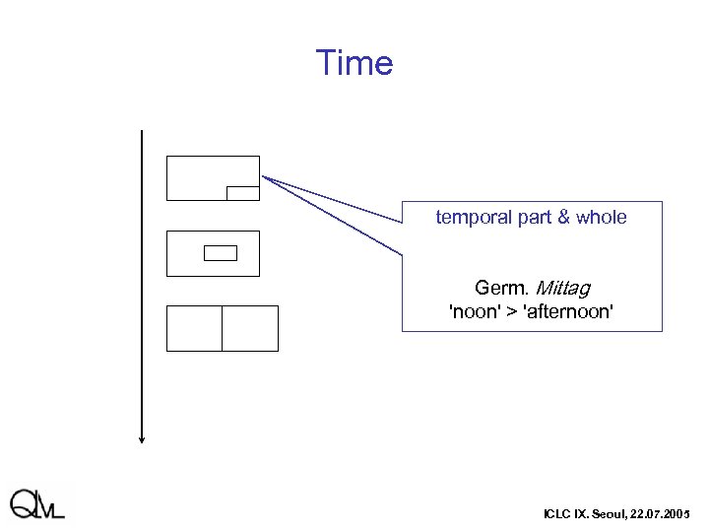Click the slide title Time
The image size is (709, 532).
[354, 63]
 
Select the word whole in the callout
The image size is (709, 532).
[600, 217]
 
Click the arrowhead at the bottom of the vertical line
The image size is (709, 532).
[142, 439]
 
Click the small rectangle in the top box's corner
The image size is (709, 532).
[242, 193]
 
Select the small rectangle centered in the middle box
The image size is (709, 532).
[221, 253]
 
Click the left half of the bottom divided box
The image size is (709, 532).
[194, 328]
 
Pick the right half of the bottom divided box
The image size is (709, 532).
[250, 328]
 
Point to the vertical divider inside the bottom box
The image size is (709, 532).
[222, 328]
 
